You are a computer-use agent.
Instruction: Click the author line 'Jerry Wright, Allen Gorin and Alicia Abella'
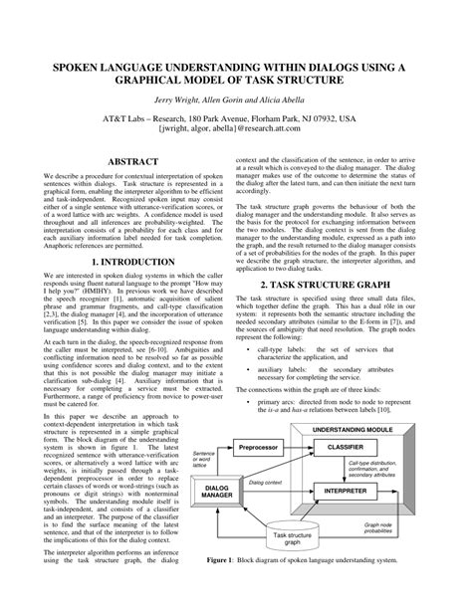(235, 102)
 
